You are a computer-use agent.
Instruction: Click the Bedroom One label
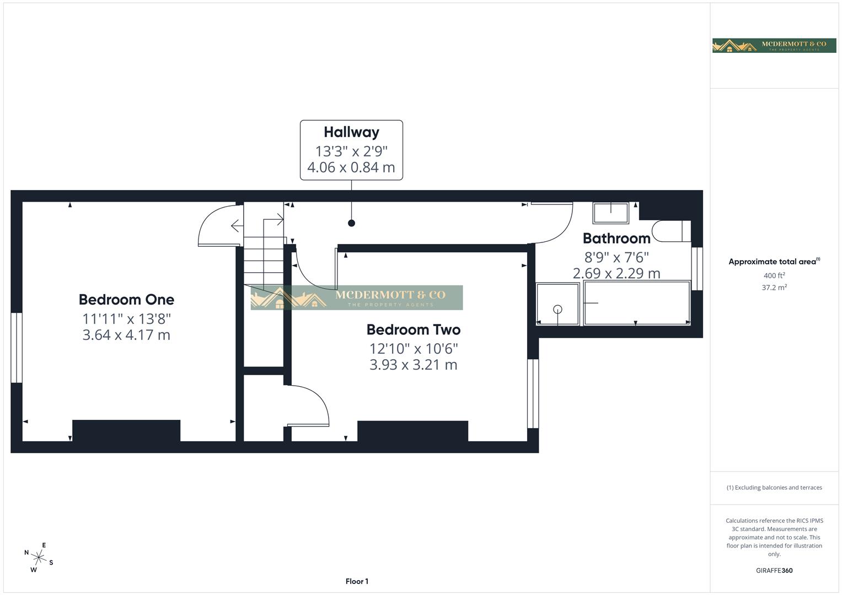pos(126,300)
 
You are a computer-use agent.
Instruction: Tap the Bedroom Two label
pos(413,329)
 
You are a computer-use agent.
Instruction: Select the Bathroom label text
pos(616,239)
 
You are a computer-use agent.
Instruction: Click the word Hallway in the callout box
pos(351,132)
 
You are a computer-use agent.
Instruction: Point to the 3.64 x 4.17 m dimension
pos(126,335)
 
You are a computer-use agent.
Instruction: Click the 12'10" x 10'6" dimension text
pos(414,348)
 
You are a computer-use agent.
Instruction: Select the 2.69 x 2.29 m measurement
pos(616,273)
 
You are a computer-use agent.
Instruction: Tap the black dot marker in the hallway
pos(351,223)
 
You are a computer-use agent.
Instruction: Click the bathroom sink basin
pos(611,213)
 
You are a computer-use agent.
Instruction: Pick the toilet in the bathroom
pos(669,231)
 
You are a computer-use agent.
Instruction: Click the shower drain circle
pos(557,310)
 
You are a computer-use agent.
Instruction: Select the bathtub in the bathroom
pos(637,303)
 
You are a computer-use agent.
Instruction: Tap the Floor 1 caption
pos(357,581)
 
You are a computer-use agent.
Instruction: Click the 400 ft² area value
pos(774,275)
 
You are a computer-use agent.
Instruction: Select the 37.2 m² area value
pos(774,288)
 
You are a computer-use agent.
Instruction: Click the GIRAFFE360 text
pos(774,570)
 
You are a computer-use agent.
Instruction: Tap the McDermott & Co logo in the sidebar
pos(774,45)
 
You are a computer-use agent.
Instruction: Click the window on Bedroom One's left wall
pos(17,348)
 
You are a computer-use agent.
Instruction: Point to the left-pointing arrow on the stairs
pos(237,225)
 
